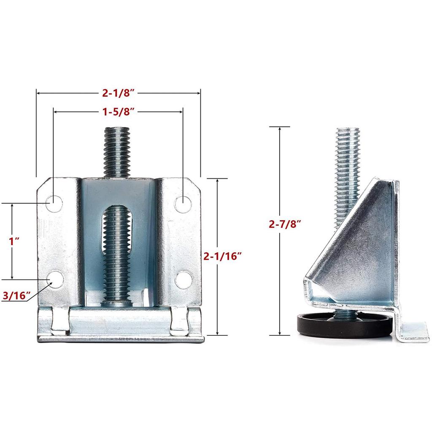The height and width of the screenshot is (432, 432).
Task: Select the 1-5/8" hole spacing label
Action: [x=118, y=112]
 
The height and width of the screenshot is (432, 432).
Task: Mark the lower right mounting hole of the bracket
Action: [x=183, y=279]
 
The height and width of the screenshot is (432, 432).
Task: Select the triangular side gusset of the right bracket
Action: [x=354, y=249]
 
